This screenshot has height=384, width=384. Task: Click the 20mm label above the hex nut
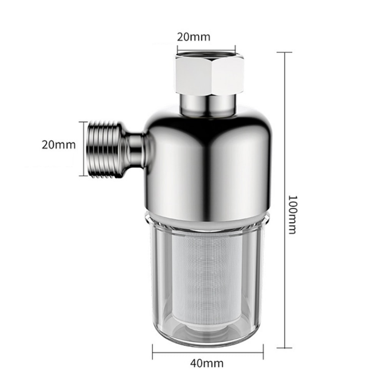[x=194, y=37]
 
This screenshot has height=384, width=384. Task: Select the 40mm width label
[x=207, y=363]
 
